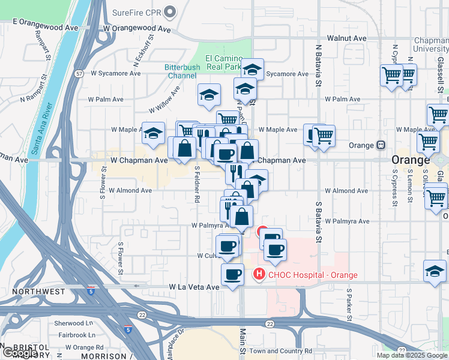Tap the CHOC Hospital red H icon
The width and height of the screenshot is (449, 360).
259,275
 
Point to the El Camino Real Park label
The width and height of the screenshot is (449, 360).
224,62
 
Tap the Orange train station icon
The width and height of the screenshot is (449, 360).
381,145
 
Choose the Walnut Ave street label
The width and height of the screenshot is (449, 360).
346,38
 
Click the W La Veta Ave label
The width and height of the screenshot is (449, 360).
194,287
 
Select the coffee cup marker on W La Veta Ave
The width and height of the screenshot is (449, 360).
232,275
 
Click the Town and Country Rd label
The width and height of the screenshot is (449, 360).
281,351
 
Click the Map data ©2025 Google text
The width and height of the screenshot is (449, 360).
412,355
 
